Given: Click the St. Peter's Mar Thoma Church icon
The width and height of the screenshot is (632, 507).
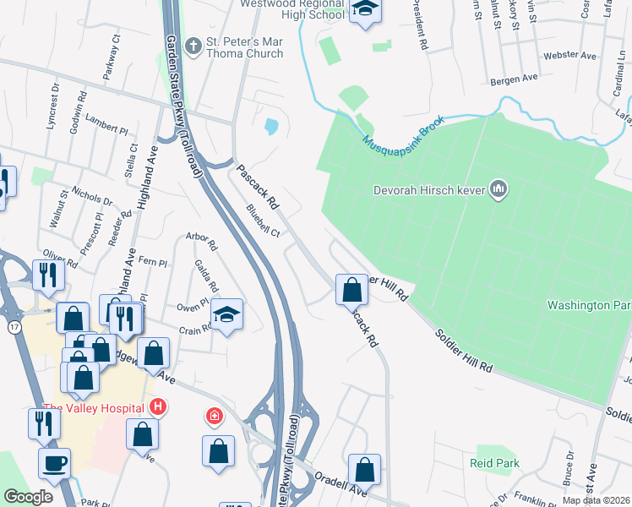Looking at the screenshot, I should tap(193, 44).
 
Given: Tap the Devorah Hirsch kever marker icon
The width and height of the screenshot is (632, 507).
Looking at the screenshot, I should tap(499, 190).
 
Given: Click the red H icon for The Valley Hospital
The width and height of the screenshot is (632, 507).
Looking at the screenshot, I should tap(156, 407).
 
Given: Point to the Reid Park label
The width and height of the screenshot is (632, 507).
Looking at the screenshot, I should tap(495, 463).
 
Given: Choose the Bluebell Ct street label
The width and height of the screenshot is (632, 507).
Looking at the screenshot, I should tap(263, 221).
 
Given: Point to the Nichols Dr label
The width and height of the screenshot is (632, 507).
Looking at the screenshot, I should tap(92, 196).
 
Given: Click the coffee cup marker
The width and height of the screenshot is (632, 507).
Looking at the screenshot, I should tap(54, 464).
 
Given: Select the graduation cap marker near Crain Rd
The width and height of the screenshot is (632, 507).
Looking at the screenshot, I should tap(226, 314).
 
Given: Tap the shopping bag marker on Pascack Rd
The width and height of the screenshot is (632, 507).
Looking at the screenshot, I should tap(351, 290).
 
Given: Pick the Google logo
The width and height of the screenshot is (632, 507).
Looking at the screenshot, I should tap(28, 497).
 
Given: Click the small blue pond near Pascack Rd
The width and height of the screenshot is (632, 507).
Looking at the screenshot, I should tap(270, 127).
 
